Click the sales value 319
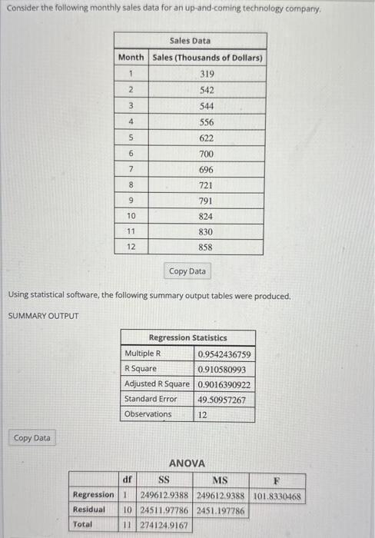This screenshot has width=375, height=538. (x=207, y=75)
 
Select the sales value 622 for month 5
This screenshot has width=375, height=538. (x=207, y=138)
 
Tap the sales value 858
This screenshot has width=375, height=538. (x=207, y=247)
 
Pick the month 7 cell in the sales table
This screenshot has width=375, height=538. (x=131, y=169)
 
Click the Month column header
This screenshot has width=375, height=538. (x=131, y=58)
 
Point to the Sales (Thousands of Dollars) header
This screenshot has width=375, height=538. (x=207, y=58)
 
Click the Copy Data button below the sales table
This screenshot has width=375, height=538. (x=187, y=271)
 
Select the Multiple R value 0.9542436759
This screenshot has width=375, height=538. (x=224, y=354)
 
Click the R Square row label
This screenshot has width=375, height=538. (x=141, y=369)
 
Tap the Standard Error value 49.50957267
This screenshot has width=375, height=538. (x=221, y=399)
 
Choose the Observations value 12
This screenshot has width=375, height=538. (x=203, y=414)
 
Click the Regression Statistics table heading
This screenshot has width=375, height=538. (x=187, y=338)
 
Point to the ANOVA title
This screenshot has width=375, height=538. (x=187, y=463)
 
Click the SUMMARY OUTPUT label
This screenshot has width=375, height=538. (x=43, y=316)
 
